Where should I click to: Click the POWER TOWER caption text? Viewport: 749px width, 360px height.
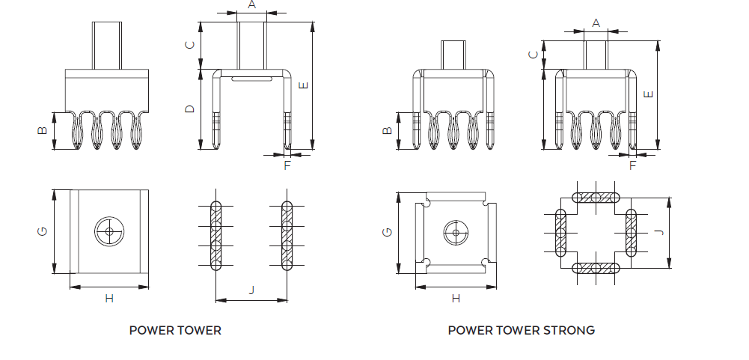click(175, 330)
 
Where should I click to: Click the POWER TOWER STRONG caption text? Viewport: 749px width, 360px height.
click(522, 330)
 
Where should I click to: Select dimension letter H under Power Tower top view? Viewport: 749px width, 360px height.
click(109, 299)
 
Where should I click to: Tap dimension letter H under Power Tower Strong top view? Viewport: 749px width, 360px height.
click(456, 299)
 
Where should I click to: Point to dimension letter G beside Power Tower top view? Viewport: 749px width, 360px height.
click(43, 232)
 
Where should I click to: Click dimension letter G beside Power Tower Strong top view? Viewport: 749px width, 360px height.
click(387, 232)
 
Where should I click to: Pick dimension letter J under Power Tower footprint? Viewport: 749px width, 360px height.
click(251, 290)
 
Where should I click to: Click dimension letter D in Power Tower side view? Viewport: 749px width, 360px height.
click(191, 109)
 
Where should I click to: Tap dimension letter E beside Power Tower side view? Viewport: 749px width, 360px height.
click(303, 85)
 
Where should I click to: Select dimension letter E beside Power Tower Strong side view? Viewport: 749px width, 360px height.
click(649, 94)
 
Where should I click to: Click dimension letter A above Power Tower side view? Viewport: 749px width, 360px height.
click(251, 4)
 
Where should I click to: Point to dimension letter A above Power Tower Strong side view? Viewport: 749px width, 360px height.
click(596, 23)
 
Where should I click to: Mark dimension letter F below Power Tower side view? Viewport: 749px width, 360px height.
click(287, 165)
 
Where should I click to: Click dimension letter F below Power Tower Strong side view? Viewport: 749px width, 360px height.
click(632, 165)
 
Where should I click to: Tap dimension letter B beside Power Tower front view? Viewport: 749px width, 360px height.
click(43, 131)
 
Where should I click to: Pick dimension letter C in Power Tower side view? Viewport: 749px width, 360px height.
click(191, 45)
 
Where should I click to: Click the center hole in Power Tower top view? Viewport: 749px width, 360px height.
click(110, 232)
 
